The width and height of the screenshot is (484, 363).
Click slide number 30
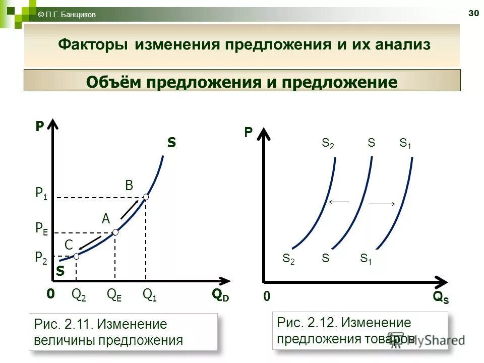[x=473, y=13]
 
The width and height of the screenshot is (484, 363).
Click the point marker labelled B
[x=146, y=197]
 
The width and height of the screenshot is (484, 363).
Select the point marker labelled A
[x=115, y=232]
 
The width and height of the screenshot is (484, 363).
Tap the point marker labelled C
[x=76, y=256]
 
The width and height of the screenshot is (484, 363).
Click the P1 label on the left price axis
[x=41, y=193]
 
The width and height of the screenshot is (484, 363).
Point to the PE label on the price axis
[x=42, y=228]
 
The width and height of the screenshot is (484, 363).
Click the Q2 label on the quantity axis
[x=79, y=294]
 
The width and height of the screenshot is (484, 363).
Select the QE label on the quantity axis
[x=114, y=294]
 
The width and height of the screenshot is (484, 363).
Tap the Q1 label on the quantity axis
[x=150, y=294]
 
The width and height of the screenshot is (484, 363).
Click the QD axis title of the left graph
[x=220, y=295]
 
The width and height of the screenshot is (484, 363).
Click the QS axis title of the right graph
[x=441, y=297]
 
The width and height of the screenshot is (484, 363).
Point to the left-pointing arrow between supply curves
[x=339, y=202]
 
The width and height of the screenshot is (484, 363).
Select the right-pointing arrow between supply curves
[x=382, y=204]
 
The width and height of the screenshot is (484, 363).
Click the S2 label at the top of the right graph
[x=328, y=143]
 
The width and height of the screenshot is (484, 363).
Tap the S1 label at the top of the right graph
[x=405, y=143]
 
